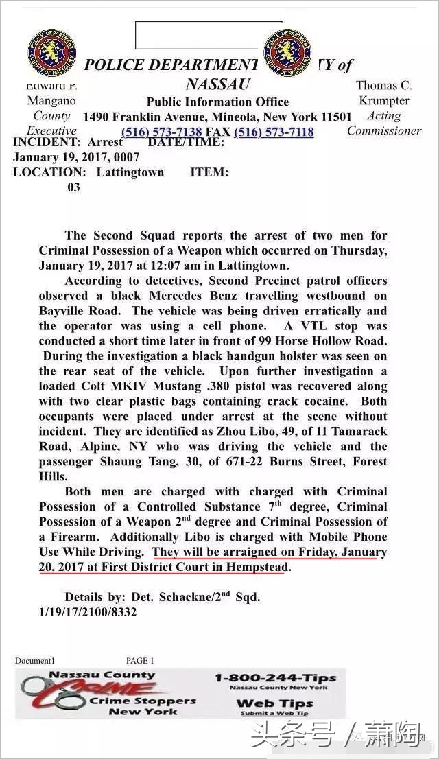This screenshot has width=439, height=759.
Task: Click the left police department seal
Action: coord(52,53)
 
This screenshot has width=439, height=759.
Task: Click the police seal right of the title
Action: coord(287,53)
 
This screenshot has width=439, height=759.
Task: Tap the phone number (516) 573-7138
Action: coord(162,132)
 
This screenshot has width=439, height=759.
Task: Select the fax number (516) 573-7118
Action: coord(274,132)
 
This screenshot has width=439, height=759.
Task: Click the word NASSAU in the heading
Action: coord(218,84)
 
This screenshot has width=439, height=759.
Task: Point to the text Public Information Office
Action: coord(217,102)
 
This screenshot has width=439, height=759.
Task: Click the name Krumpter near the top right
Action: coord(383,101)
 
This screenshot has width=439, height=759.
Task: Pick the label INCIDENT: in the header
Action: coord(47,142)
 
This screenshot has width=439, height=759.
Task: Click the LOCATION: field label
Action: coord(50,172)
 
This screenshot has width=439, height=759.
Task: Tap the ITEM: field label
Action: coord(209,172)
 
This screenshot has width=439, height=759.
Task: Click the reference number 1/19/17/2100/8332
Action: coord(88,612)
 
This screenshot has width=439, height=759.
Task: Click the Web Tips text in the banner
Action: coord(274,703)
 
